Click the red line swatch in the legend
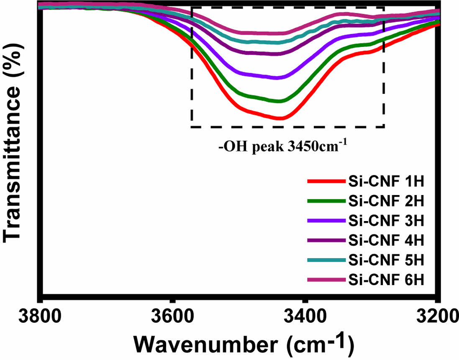pos(326,182)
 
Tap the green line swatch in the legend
pos(326,201)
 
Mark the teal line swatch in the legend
pos(326,260)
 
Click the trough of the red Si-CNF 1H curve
pos(280,118)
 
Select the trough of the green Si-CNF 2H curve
pos(280,101)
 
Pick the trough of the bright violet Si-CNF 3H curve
pos(280,77)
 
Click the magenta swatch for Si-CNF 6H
pos(326,280)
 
